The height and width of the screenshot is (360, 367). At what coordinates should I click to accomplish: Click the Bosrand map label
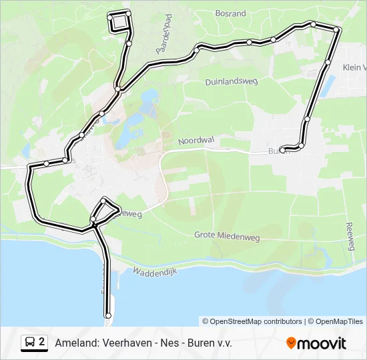tap(231, 13)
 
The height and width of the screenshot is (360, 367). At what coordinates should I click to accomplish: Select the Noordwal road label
tap(195, 141)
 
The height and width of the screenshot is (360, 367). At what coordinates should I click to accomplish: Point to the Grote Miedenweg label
tap(227, 235)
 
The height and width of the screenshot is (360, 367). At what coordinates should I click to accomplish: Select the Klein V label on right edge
tap(354, 67)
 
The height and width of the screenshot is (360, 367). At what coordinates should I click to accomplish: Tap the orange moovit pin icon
tap(291, 343)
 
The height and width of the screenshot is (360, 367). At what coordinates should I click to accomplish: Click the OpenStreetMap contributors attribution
tap(252, 321)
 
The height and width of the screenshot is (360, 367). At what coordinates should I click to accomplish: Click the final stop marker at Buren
tap(283, 150)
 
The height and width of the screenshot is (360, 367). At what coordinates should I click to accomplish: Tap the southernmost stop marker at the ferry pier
tap(108, 315)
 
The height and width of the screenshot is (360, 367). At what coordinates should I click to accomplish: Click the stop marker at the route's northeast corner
tap(337, 29)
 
